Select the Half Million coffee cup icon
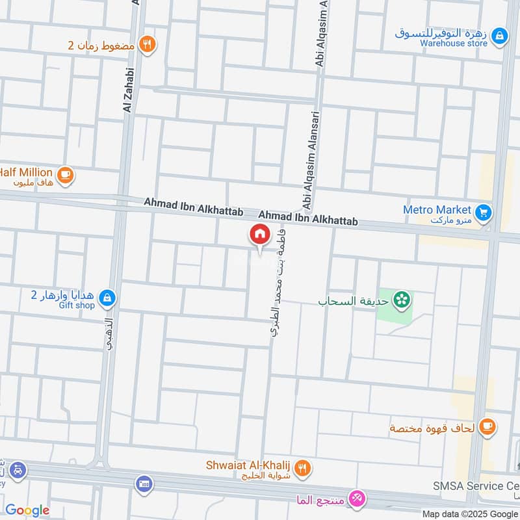click(x=65, y=174)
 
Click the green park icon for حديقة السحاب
click(x=403, y=300)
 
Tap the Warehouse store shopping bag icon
click(x=499, y=36)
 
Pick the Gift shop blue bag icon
click(x=108, y=298)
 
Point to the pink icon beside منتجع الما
click(x=357, y=499)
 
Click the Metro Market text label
click(x=437, y=210)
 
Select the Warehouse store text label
click(x=444, y=44)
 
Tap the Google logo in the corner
click(x=27, y=510)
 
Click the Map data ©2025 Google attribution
click(x=469, y=513)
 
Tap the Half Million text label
click(x=26, y=172)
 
